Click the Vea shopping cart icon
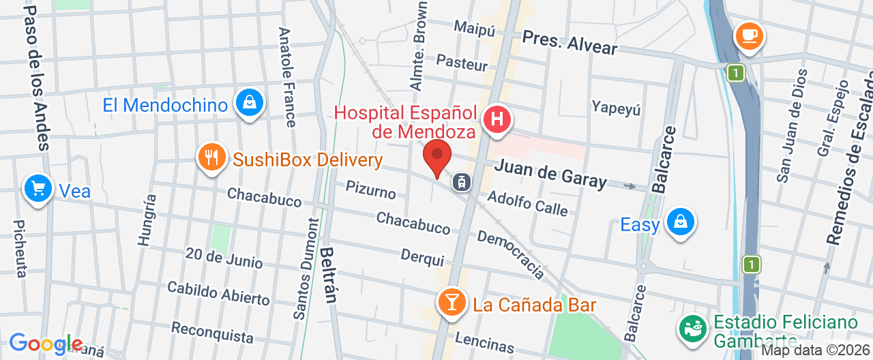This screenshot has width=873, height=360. [38, 187]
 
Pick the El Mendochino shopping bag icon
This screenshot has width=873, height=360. [250, 103]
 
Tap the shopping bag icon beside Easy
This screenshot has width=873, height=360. [680, 221]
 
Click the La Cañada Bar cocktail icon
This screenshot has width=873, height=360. [452, 301]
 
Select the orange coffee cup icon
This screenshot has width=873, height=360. [749, 35]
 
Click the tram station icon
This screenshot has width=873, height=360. [462, 181]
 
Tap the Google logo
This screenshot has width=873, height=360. [46, 344]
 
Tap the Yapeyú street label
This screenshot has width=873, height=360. [616, 108]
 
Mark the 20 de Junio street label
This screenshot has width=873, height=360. [224, 258]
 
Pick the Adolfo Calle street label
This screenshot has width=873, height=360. [528, 202]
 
